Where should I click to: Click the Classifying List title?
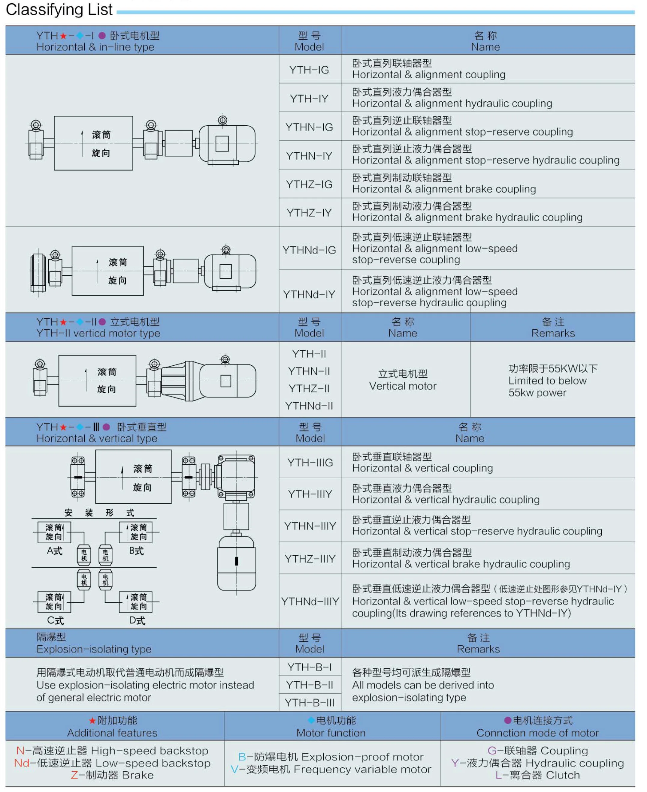tap(59, 10)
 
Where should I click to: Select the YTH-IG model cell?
tap(309, 70)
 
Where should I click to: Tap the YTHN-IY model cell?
tap(309, 156)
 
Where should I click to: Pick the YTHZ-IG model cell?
tap(309, 184)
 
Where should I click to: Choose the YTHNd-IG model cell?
tap(309, 250)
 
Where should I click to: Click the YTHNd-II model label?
tap(309, 406)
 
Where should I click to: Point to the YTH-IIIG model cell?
tap(310, 463)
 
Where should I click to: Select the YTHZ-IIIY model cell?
tap(310, 559)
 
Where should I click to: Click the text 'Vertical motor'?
tap(403, 386)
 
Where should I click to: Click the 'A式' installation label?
tap(54, 551)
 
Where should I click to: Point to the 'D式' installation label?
tap(137, 620)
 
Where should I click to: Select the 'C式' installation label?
tap(55, 620)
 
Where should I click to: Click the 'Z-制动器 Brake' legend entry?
tap(112, 775)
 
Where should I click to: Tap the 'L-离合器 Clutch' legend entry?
tap(537, 775)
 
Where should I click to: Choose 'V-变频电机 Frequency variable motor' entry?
tap(331, 769)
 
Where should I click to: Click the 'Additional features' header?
tap(112, 733)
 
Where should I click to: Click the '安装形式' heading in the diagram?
tap(99, 513)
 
